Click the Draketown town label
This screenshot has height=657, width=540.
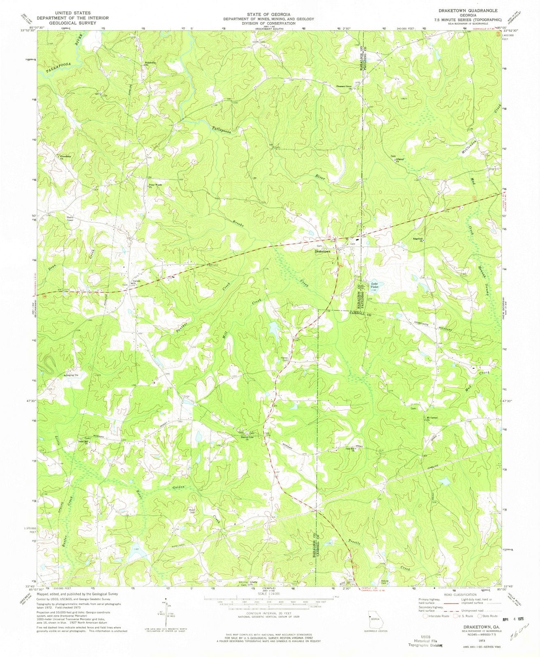(x=322, y=251)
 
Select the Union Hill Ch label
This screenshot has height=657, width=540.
(x=83, y=442)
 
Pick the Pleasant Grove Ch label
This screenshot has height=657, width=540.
(x=345, y=87)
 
